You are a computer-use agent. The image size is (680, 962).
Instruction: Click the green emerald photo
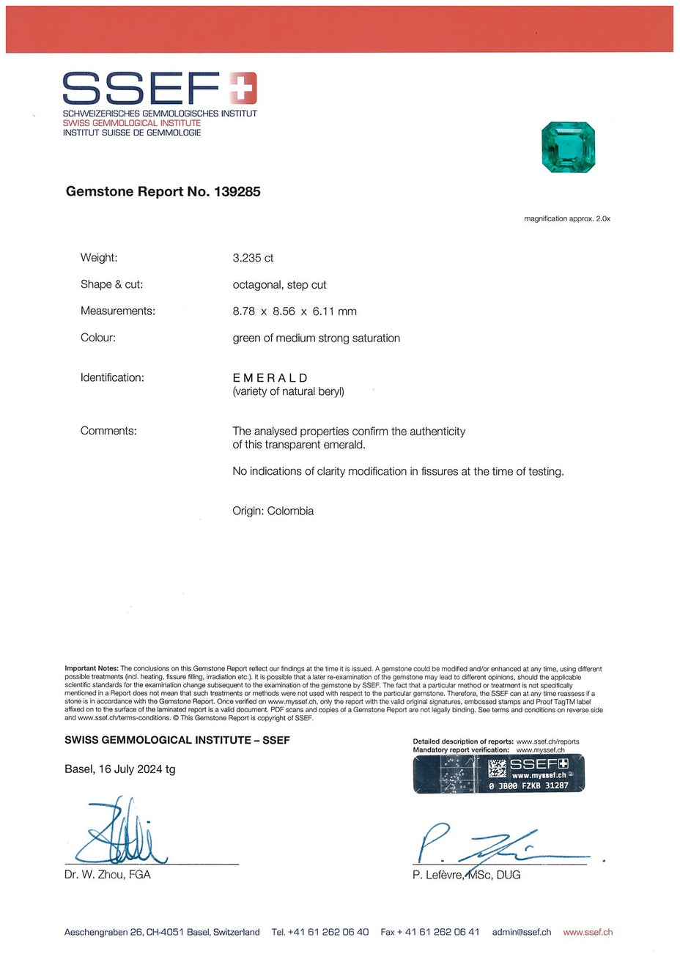(x=568, y=148)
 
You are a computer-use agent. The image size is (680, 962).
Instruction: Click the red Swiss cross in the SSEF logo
(x=243, y=88)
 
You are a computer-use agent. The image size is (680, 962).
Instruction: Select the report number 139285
(x=237, y=192)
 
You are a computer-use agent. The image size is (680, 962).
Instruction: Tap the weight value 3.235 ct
(x=253, y=258)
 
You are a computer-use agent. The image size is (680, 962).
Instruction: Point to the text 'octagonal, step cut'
(x=279, y=285)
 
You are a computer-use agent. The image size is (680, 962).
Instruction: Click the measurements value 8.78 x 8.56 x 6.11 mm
(x=295, y=311)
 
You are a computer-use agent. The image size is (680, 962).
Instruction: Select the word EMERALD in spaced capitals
(x=270, y=378)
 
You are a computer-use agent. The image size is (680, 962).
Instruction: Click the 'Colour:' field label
(x=98, y=338)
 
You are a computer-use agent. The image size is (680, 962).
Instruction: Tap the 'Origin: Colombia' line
(x=273, y=511)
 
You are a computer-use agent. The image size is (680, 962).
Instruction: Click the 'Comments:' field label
(x=108, y=431)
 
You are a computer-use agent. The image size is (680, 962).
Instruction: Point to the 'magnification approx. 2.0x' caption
(x=566, y=219)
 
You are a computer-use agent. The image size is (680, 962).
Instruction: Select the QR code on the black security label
(x=498, y=768)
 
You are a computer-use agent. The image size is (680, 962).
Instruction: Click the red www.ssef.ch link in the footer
(x=588, y=932)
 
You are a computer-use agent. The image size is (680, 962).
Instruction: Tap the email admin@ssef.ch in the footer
(x=522, y=932)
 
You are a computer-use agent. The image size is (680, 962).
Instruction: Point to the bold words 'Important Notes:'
(x=92, y=669)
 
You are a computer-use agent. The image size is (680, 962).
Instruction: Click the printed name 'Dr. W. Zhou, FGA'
(x=107, y=875)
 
